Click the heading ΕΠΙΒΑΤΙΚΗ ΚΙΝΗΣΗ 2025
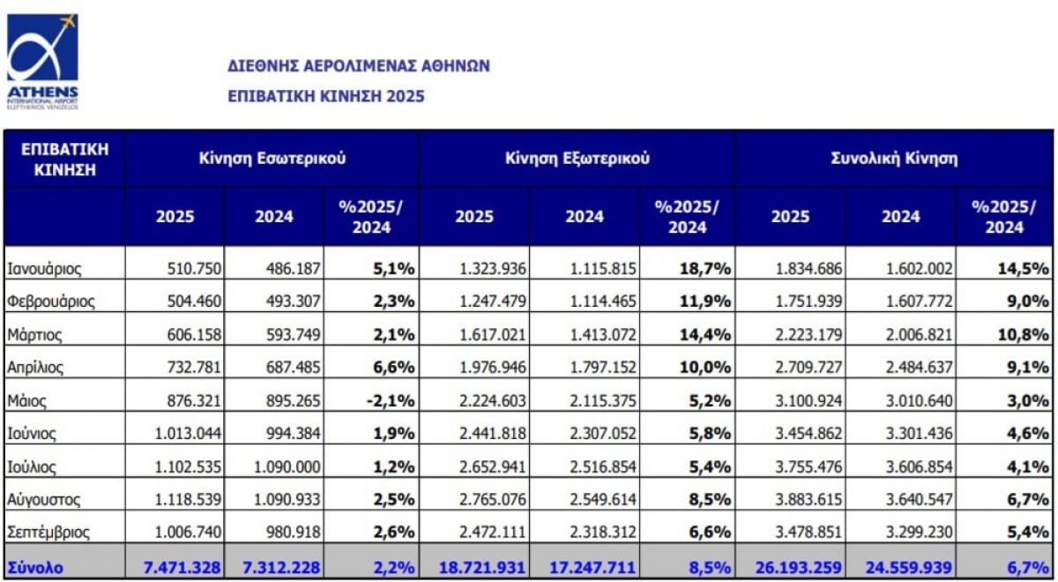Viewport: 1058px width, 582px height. (x=325, y=96)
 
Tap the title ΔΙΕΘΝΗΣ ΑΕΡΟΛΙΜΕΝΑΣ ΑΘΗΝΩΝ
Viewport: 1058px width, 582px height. (x=358, y=66)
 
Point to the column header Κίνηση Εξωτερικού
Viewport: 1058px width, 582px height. (x=577, y=159)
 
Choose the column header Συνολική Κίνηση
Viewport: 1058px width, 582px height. (x=894, y=159)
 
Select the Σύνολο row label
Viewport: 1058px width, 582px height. (x=34, y=567)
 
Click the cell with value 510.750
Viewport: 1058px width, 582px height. (x=194, y=268)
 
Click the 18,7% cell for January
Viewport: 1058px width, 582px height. (x=704, y=268)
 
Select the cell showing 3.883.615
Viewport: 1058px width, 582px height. (x=807, y=500)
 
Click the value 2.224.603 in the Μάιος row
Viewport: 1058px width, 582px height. (x=494, y=400)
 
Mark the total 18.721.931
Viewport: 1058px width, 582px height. (x=478, y=567)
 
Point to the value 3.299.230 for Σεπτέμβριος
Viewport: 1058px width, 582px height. (x=917, y=533)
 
